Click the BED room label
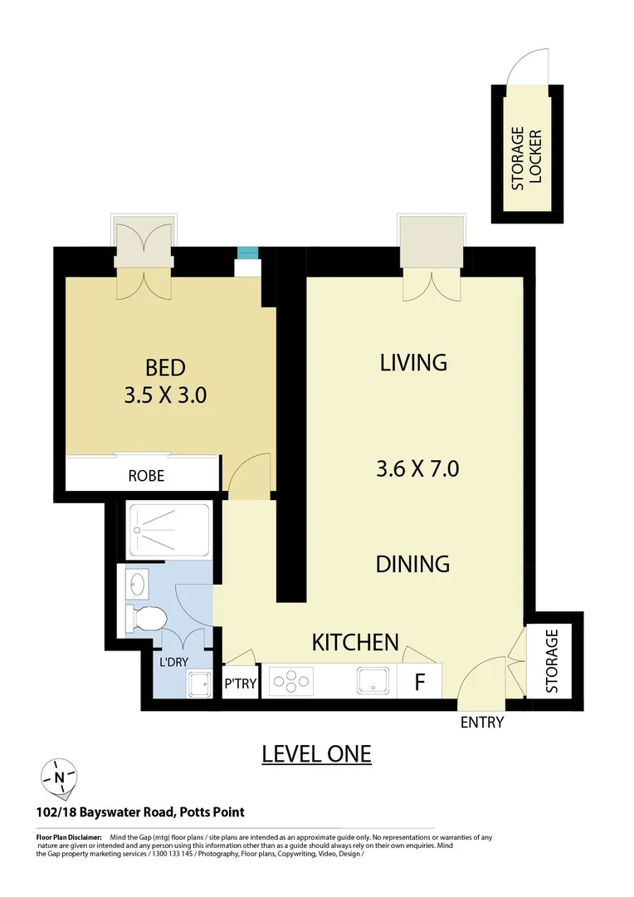[x=165, y=366]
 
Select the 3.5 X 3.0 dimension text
[x=165, y=395]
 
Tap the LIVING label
[x=413, y=362]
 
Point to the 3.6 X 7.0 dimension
[x=417, y=469]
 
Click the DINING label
[x=412, y=564]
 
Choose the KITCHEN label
[x=355, y=642]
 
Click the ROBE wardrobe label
[x=146, y=476]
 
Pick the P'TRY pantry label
[x=241, y=684]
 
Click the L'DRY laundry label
[x=173, y=664]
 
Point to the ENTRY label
[x=482, y=723]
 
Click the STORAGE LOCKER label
[x=526, y=159]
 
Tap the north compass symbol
[x=59, y=777]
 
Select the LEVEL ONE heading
[x=316, y=753]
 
